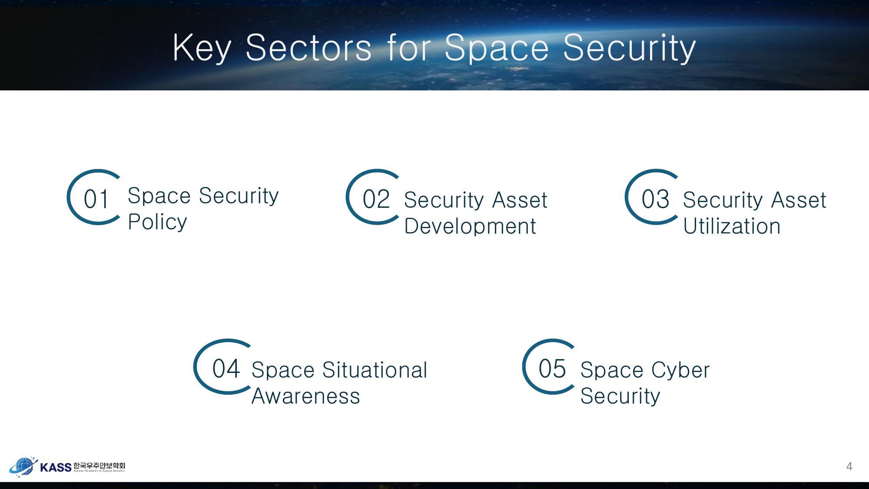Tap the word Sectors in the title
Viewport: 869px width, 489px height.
(308, 47)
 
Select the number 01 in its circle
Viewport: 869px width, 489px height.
(96, 200)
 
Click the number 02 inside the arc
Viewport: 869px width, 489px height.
(376, 200)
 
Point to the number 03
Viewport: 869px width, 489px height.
(655, 200)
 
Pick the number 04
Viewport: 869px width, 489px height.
(226, 369)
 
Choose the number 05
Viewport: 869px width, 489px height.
(552, 369)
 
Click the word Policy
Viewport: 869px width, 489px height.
(157, 222)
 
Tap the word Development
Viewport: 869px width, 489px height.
(470, 226)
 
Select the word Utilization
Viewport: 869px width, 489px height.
(732, 226)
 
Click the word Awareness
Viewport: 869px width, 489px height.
(306, 396)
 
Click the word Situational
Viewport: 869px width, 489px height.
(375, 370)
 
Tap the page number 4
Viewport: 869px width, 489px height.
(849, 466)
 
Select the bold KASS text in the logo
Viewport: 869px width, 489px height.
(56, 467)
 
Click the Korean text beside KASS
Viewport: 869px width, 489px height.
(99, 465)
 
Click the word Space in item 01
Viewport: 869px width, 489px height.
(159, 196)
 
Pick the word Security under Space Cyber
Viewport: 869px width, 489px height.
(620, 396)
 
